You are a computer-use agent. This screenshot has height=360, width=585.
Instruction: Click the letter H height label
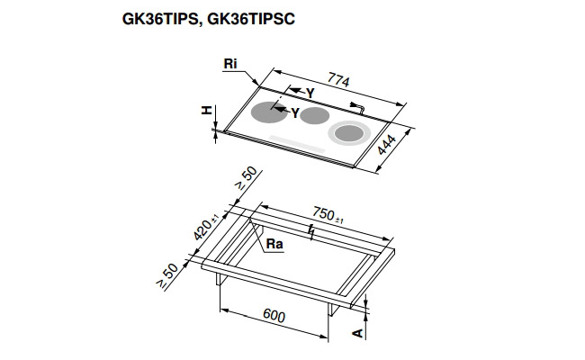tap(206, 111)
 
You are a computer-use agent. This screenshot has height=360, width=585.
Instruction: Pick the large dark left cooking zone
tap(267, 113)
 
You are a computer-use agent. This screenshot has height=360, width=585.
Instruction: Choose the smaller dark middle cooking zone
tap(315, 115)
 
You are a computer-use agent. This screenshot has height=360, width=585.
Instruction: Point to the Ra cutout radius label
tap(271, 243)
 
